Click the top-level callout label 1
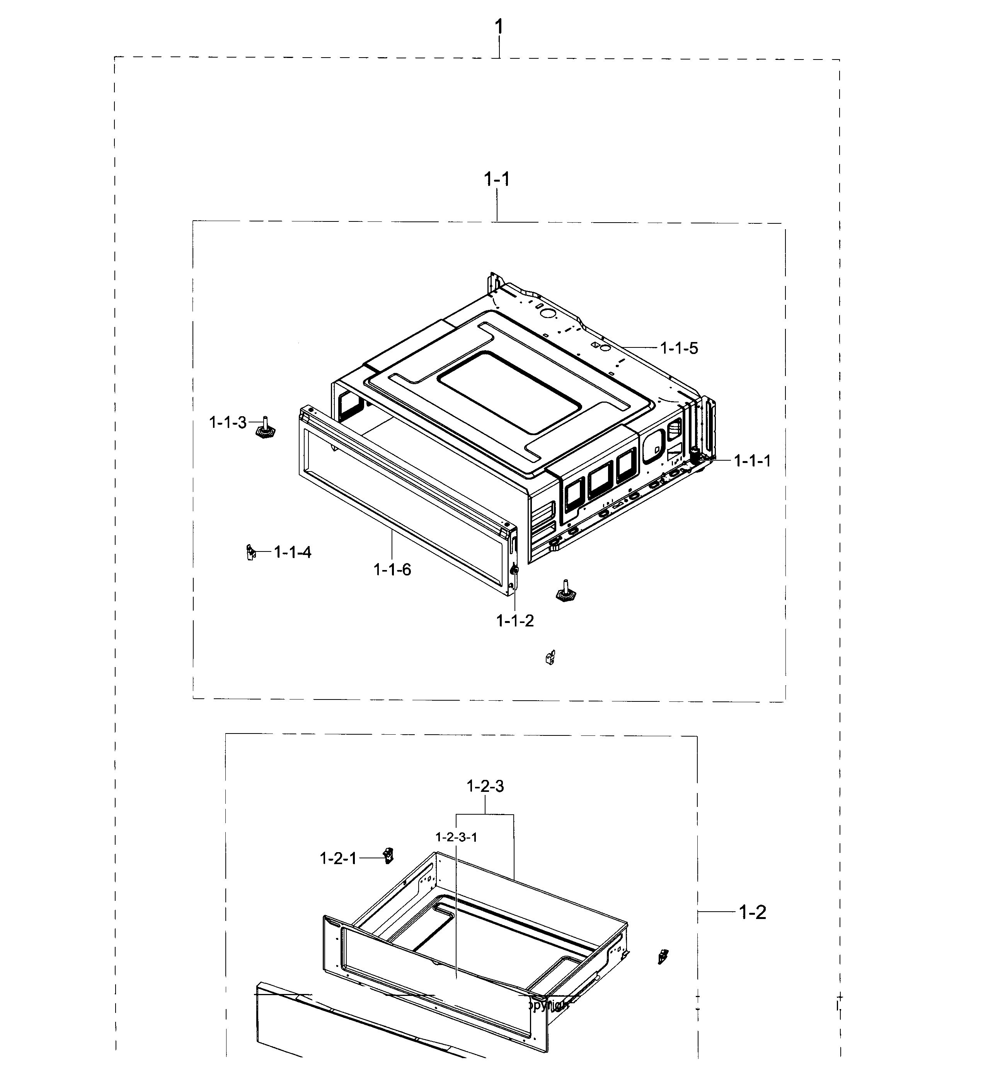point(499,26)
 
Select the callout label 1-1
point(497,179)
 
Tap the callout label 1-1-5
point(679,349)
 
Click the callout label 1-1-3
point(227,423)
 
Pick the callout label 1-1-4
point(292,552)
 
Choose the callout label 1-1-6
point(392,570)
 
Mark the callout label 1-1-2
point(515,621)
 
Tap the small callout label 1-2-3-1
point(456,837)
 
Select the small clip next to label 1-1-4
point(250,552)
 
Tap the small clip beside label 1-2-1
point(388,855)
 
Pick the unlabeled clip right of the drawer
point(663,956)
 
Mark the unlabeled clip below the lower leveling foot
point(550,657)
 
